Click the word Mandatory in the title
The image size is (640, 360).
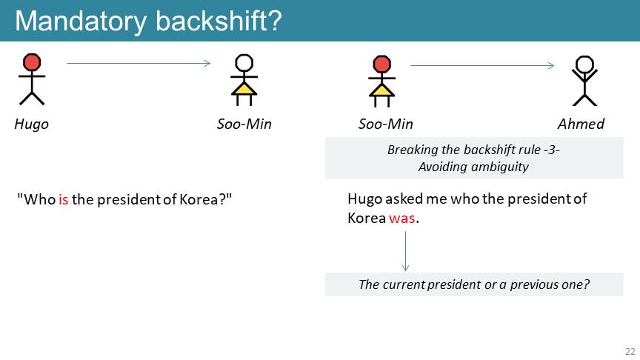tap(81, 21)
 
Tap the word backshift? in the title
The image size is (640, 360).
tap(219, 21)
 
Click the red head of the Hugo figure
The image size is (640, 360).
tap(32, 62)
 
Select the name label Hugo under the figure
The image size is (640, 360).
tap(31, 124)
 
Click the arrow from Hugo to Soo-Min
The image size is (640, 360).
tap(139, 63)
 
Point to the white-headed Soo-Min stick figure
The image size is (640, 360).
tap(244, 80)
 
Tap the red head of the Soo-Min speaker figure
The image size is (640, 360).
tap(382, 64)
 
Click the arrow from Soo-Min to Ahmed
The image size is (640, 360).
tap(482, 65)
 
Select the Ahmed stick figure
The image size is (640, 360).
tap(585, 81)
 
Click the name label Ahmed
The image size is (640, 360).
tap(581, 124)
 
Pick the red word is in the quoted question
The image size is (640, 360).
tap(63, 199)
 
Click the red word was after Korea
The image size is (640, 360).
tap(402, 219)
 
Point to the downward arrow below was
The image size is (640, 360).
tap(405, 251)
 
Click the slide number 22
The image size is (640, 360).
tap(630, 351)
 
